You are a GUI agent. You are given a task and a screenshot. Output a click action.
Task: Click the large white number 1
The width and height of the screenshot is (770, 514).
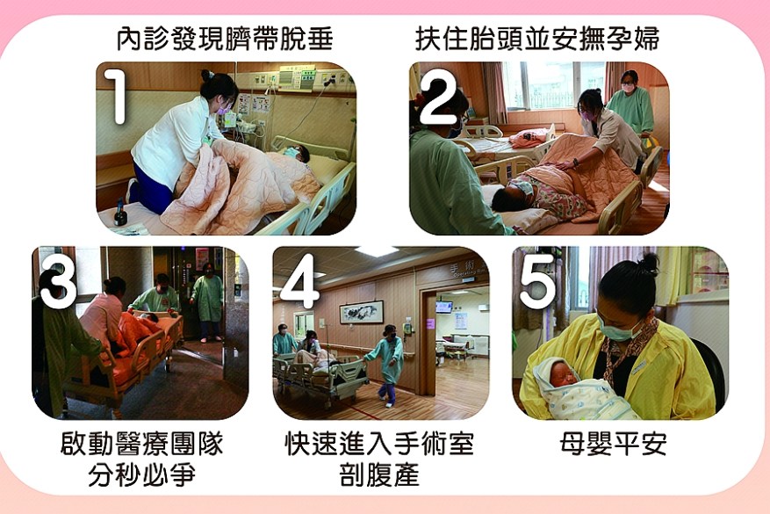pyautogui.click(x=117, y=96)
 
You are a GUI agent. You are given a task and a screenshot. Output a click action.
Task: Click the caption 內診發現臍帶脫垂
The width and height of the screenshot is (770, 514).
pyautogui.click(x=225, y=39)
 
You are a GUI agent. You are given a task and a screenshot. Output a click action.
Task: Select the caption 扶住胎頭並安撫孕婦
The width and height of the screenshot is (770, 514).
pyautogui.click(x=537, y=39)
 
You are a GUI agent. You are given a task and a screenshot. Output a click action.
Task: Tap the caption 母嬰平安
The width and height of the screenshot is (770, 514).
pyautogui.click(x=614, y=444)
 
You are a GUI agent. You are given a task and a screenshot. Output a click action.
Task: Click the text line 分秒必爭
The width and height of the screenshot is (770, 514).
pyautogui.click(x=142, y=474)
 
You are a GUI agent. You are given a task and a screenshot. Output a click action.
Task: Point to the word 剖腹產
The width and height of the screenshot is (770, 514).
pyautogui.click(x=379, y=474)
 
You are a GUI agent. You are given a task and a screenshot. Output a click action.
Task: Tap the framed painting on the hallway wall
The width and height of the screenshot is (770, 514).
pyautogui.click(x=362, y=312)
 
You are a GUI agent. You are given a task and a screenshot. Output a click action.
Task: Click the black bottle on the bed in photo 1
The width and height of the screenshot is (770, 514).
pyautogui.click(x=120, y=214)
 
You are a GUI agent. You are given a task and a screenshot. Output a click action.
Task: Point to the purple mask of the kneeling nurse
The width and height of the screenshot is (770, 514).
pyautogui.click(x=223, y=109)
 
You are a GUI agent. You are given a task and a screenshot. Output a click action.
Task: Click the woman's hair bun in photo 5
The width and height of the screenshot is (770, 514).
pyautogui.click(x=649, y=264)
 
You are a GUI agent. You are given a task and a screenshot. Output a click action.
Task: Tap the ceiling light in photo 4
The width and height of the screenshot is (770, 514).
pyautogui.click(x=376, y=251)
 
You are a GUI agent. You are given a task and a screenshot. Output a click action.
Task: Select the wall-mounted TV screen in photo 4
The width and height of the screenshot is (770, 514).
pyautogui.click(x=444, y=308)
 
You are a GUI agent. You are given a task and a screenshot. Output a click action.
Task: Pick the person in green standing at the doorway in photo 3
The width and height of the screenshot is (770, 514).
pyautogui.click(x=208, y=304)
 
